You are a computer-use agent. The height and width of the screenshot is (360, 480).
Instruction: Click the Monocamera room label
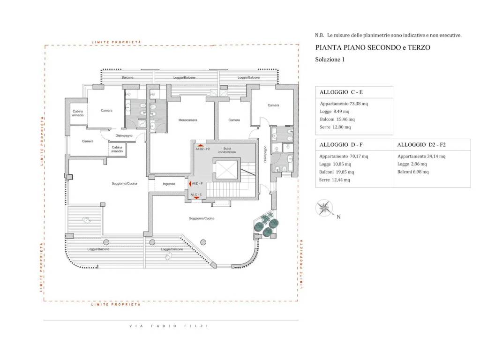click(x=187, y=120)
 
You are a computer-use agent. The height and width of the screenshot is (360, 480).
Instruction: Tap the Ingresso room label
click(x=169, y=184)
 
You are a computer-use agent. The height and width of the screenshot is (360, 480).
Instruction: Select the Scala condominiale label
click(x=227, y=150)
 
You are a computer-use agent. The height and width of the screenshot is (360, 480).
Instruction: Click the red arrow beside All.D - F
click(x=190, y=184)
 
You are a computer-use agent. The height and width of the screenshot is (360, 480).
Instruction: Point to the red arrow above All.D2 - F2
click(x=200, y=146)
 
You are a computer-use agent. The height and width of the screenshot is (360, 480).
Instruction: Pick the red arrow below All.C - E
click(x=196, y=198)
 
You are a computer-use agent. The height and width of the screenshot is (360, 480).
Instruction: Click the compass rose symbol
click(x=324, y=208)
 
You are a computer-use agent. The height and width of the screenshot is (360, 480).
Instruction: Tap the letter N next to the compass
click(x=338, y=217)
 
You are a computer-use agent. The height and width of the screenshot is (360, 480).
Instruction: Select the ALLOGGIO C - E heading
click(x=341, y=92)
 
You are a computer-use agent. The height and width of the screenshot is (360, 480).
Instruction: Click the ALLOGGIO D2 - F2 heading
click(x=421, y=145)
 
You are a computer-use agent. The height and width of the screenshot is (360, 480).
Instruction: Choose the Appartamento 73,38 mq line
click(x=344, y=104)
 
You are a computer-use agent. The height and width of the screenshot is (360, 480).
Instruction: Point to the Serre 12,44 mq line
click(x=334, y=180)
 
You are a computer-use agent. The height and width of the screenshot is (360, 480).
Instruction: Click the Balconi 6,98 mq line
click(x=413, y=172)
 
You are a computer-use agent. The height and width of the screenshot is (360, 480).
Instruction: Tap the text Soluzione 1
click(x=330, y=60)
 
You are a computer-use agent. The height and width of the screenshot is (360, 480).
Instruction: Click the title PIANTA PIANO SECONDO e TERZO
click(x=373, y=47)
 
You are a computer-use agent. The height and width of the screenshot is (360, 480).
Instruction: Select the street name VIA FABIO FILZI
click(x=169, y=326)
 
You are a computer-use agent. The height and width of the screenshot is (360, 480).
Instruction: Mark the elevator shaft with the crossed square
click(x=226, y=170)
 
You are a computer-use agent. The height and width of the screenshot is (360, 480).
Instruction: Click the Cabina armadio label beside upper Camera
click(x=78, y=113)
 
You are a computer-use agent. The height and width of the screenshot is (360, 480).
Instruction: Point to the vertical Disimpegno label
click(x=265, y=154)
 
